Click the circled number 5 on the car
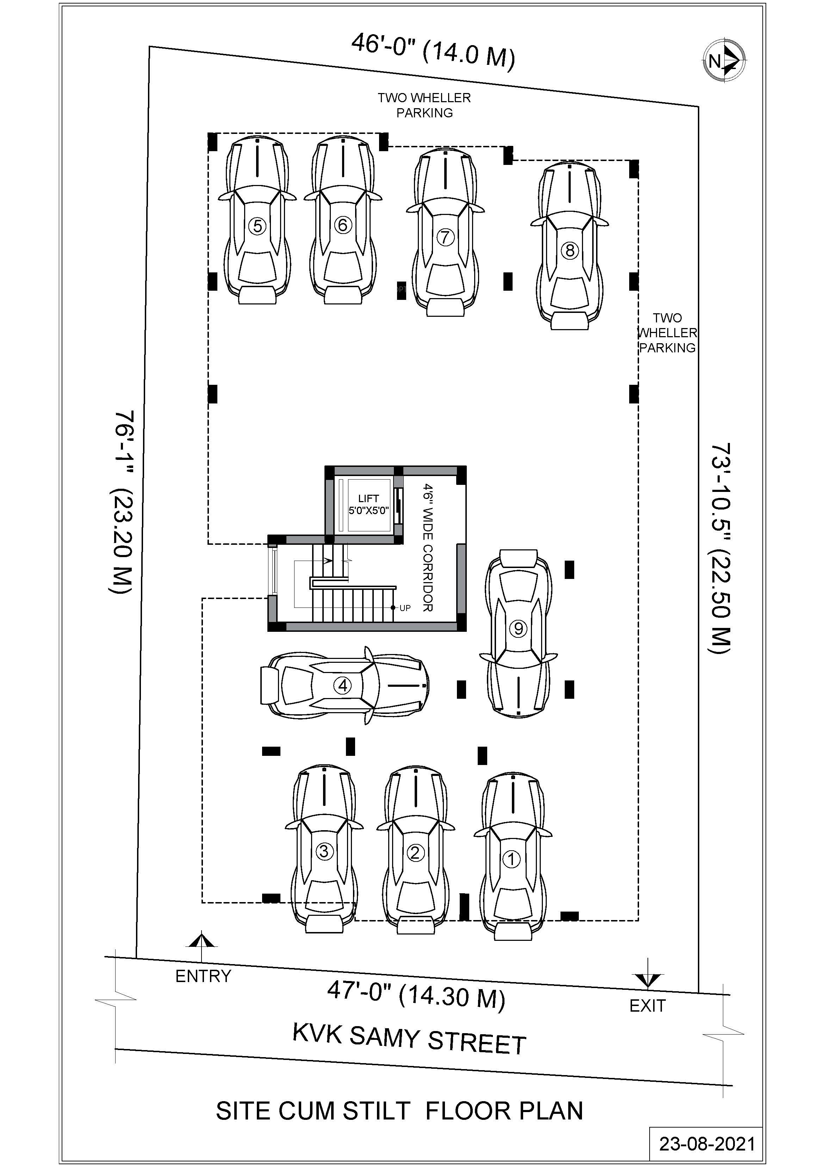(x=258, y=226)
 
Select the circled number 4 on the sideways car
(x=342, y=686)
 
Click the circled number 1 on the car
(x=511, y=859)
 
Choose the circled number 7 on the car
(x=445, y=237)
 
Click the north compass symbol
(x=725, y=61)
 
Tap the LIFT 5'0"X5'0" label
(x=368, y=504)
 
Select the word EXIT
(x=647, y=1006)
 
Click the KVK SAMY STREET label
(x=409, y=1039)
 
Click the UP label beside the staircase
(x=405, y=608)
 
